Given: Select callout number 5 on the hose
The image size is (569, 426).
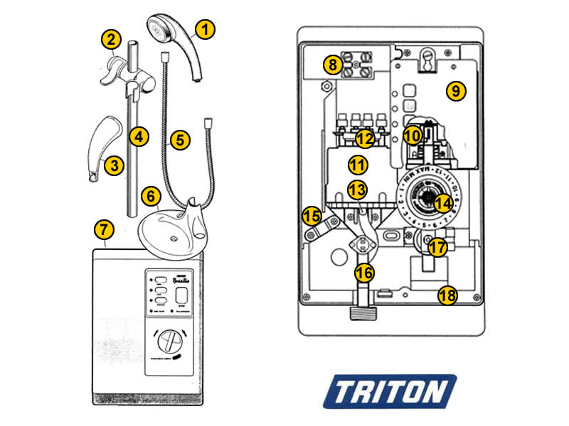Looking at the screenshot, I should point(179,140).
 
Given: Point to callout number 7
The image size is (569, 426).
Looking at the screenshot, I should point(104,229).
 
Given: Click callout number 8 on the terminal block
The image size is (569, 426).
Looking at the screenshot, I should point(333,65).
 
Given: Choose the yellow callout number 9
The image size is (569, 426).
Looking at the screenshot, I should point(455,91).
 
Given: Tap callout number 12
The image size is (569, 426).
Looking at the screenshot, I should point(364,138).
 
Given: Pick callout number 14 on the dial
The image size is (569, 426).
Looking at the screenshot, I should point(443,203).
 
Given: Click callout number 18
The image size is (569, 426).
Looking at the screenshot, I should point(447,295).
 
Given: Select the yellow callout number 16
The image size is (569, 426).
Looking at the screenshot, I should point(364,272).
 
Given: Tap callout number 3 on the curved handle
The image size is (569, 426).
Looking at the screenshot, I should point(113,165).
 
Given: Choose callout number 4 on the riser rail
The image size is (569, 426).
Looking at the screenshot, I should point(139,136).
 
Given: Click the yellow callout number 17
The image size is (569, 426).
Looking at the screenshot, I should point(437,248).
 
